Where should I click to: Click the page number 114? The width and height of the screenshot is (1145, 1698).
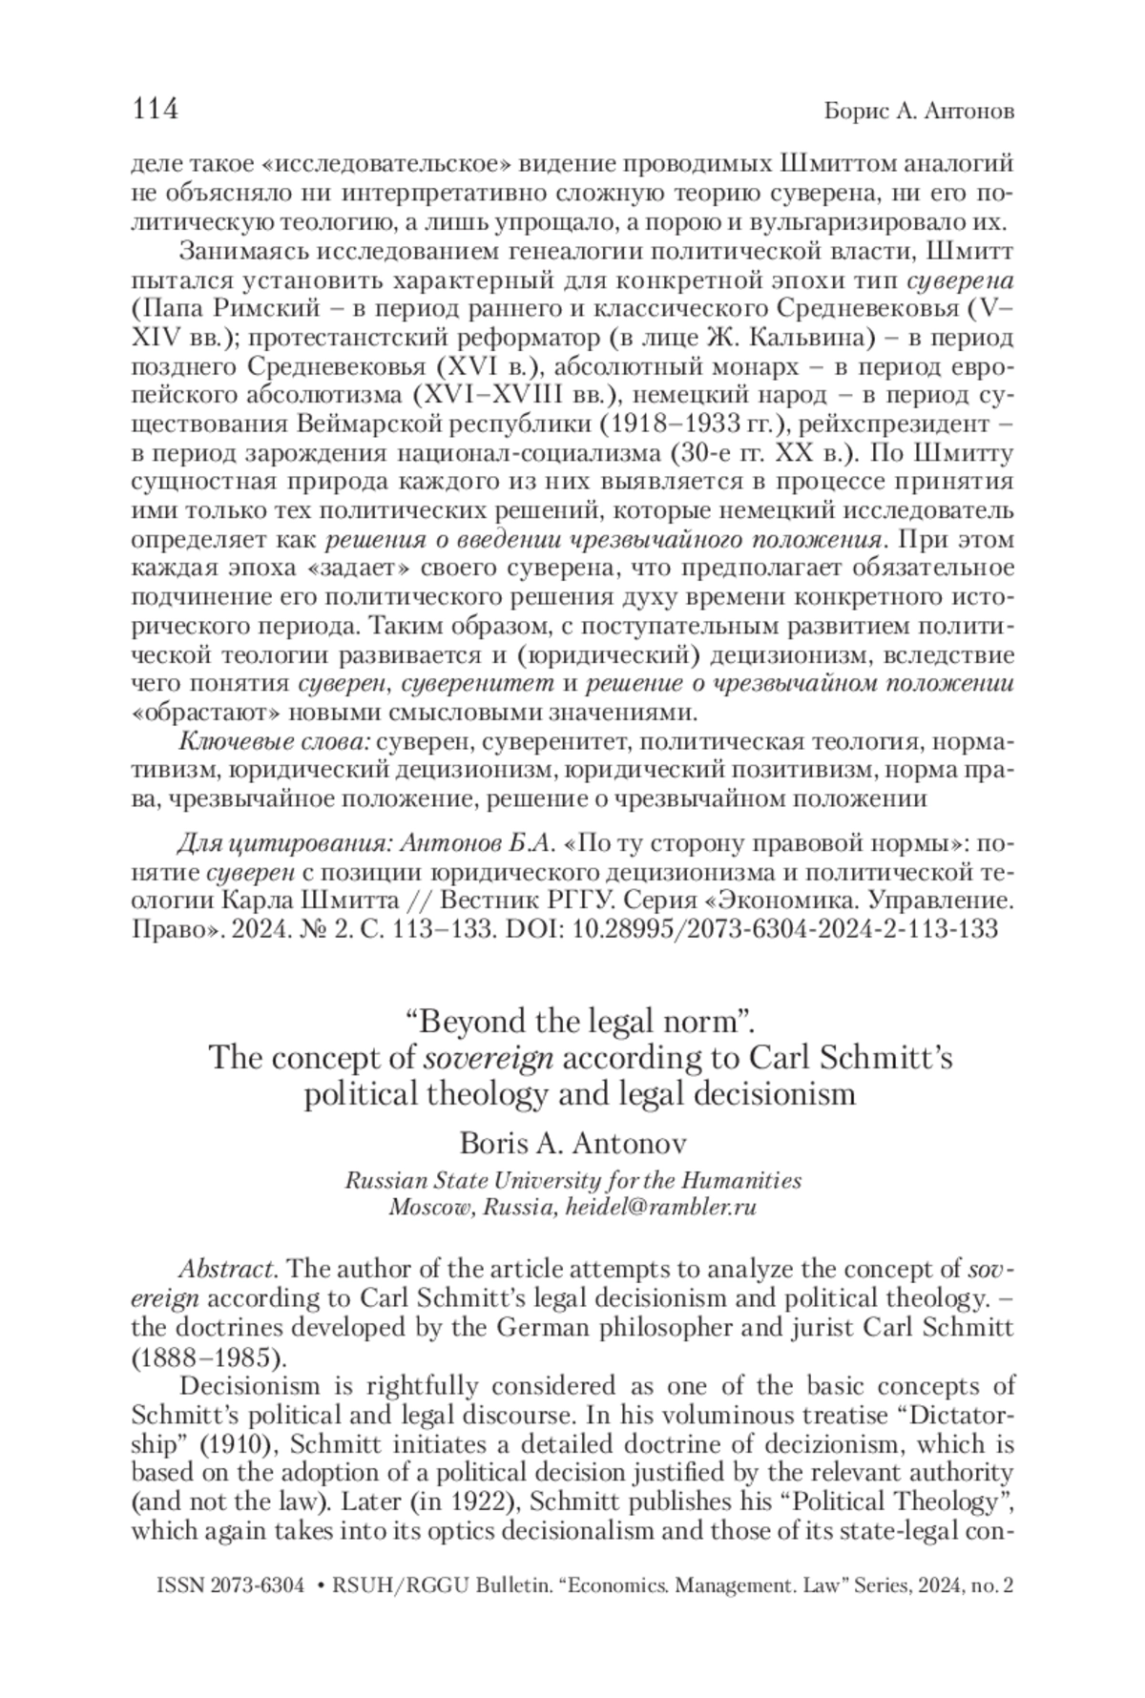coord(154,110)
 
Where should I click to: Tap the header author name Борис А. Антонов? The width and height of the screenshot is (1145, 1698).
coord(917,112)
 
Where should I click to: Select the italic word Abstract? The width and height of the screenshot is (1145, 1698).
coord(229,1270)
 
